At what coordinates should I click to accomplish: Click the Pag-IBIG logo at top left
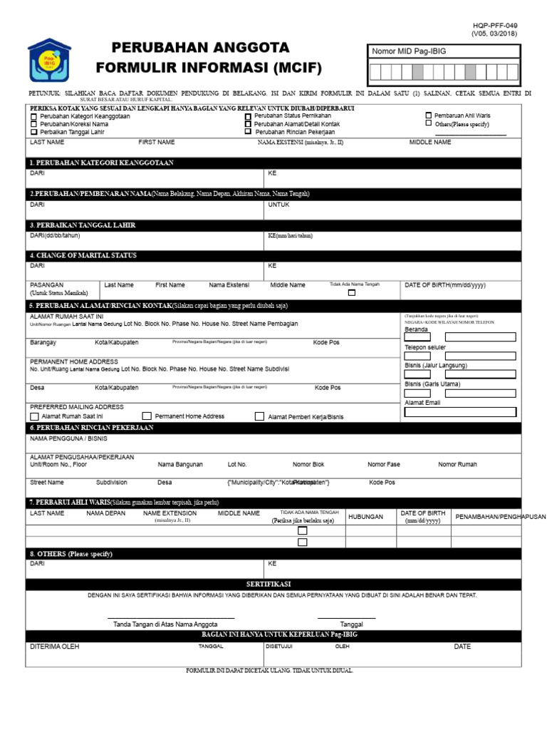coord(49,60)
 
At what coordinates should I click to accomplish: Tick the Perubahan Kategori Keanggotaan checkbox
coord(33,116)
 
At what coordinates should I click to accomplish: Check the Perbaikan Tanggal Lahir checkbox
coord(33,132)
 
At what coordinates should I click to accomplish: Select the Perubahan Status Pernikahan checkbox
coord(248,115)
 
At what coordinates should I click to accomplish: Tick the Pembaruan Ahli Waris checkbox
coord(428,115)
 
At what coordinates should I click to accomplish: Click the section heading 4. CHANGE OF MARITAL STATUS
coord(83,255)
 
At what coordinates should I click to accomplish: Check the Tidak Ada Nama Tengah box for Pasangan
coord(351,293)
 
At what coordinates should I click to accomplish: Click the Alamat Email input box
coord(460,411)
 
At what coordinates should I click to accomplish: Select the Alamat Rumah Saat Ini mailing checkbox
coord(34,416)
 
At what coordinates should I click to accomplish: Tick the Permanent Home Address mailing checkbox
coord(147,416)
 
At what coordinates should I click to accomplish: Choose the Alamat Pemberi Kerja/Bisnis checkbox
coord(259,416)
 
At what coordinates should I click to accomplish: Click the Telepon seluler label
coord(424,348)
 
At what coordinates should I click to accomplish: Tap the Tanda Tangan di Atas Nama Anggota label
coord(165,624)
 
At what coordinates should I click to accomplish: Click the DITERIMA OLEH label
coord(54,647)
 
